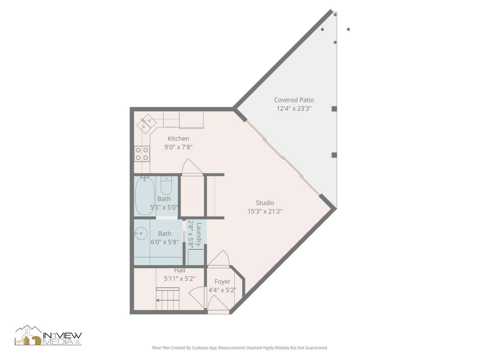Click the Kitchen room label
178,139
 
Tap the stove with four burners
142,154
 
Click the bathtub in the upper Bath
145,196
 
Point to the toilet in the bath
166,186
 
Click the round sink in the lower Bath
140,233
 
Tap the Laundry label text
199,234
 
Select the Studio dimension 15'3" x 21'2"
265,211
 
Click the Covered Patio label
294,100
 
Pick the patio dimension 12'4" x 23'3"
294,108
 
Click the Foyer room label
222,282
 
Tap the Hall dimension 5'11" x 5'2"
180,279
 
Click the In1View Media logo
48,336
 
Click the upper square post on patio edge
334,109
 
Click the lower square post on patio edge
334,155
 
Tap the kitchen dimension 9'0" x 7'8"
178,147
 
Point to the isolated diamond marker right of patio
348,29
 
